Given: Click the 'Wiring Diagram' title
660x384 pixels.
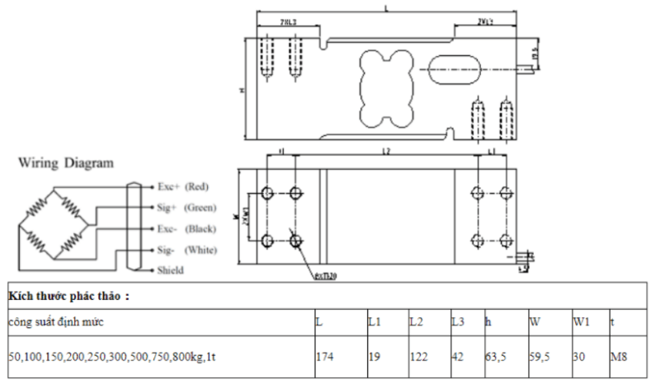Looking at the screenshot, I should [66, 163].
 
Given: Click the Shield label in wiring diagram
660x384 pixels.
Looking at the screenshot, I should [170, 269].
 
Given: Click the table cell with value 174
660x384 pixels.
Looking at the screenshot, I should [324, 358].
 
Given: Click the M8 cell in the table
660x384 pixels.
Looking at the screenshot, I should [620, 358].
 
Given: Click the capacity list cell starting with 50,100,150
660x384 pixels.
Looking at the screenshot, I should [115, 358].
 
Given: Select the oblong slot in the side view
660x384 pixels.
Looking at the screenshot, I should [451, 67].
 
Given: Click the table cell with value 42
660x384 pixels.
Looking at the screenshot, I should [458, 358].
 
